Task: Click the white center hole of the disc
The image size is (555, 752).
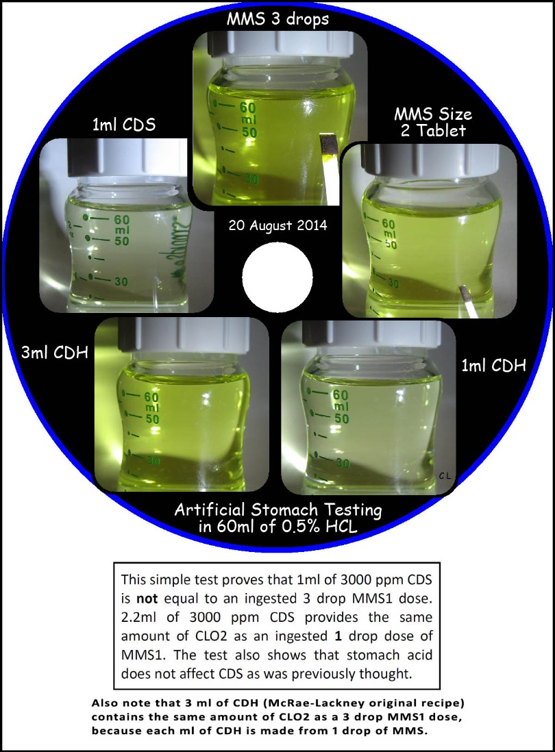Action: (x=277, y=276)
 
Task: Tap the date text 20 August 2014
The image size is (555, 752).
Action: (x=277, y=225)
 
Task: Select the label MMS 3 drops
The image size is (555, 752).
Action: (x=277, y=20)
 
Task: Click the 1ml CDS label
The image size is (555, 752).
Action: (x=124, y=125)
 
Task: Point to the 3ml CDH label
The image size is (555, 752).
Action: (x=55, y=353)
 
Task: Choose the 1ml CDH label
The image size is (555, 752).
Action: (x=493, y=366)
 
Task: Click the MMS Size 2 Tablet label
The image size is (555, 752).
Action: (x=433, y=123)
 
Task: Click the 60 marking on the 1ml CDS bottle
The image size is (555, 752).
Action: (x=121, y=220)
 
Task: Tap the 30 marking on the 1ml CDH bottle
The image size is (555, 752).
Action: (x=343, y=463)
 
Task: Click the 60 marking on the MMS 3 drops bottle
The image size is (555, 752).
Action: (x=248, y=108)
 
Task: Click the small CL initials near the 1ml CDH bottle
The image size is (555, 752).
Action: (x=445, y=476)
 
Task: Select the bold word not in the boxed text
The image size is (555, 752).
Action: (x=147, y=599)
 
